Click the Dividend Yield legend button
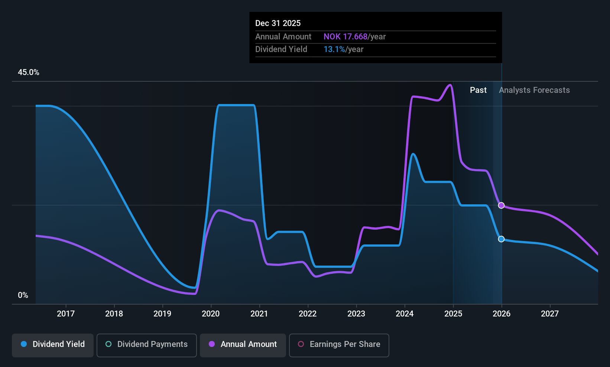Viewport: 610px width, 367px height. coord(53,345)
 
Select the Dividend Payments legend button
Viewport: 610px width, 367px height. coord(146,345)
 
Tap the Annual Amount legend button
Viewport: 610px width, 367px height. coord(243,345)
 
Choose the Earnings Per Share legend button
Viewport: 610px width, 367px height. coord(339,345)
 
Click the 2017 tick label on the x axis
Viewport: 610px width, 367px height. coord(66,314)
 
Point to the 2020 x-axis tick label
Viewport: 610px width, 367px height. coord(211,314)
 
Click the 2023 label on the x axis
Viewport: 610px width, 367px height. coord(356,314)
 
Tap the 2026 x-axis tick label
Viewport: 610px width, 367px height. coord(501,314)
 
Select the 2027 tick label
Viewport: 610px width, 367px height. coord(549,314)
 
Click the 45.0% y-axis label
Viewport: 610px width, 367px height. coord(29,72)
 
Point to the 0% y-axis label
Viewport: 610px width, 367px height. coord(23,295)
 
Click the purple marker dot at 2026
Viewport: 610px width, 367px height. coord(501,205)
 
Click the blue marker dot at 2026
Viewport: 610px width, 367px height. coord(501,239)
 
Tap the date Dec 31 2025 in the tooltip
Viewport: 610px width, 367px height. coord(278,23)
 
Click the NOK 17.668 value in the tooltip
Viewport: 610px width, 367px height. coord(345,37)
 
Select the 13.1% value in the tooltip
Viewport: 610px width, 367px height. coord(334,49)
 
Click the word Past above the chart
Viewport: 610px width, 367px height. coord(478,90)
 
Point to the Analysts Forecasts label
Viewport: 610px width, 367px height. coord(534,90)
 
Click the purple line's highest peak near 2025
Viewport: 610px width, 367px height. coord(450,85)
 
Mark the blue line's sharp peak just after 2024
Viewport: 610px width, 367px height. coord(413,154)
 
